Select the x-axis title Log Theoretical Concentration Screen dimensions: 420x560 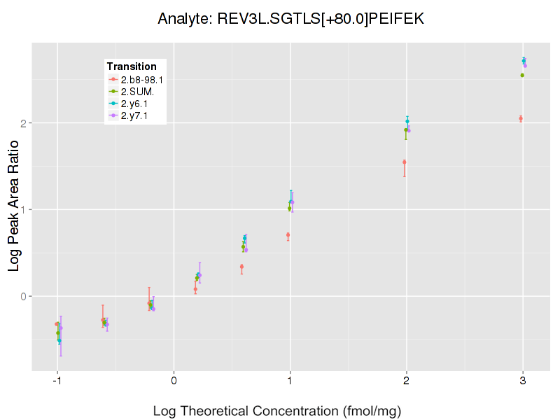276,411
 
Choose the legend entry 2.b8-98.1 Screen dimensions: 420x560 142,80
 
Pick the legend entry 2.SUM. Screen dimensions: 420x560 137,92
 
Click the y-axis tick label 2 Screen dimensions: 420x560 22,123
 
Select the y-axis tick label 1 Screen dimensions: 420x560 22,209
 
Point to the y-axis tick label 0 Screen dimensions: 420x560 22,296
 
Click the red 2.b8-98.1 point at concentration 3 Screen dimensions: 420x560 521,118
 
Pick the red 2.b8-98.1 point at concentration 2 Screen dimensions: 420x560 405,162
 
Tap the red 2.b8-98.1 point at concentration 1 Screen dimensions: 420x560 288,235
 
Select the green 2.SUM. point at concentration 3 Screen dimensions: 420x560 522,75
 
